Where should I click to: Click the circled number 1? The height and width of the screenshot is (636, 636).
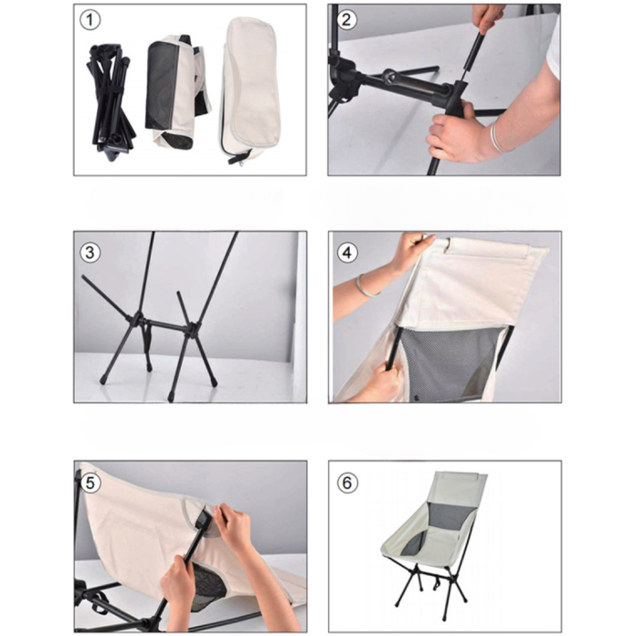(90, 20)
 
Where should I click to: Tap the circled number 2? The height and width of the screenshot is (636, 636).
(346, 19)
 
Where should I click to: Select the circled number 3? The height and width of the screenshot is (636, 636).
(90, 253)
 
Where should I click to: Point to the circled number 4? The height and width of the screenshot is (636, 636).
(347, 253)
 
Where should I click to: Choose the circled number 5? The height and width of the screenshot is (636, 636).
(90, 483)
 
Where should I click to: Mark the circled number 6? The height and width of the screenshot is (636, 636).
(347, 483)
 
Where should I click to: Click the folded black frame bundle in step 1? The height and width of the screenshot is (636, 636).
(111, 103)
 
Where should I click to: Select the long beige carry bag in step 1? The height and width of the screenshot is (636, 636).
(250, 89)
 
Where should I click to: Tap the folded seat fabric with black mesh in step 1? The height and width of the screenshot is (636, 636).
(178, 92)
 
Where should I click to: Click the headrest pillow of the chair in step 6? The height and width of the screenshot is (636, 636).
(462, 476)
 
